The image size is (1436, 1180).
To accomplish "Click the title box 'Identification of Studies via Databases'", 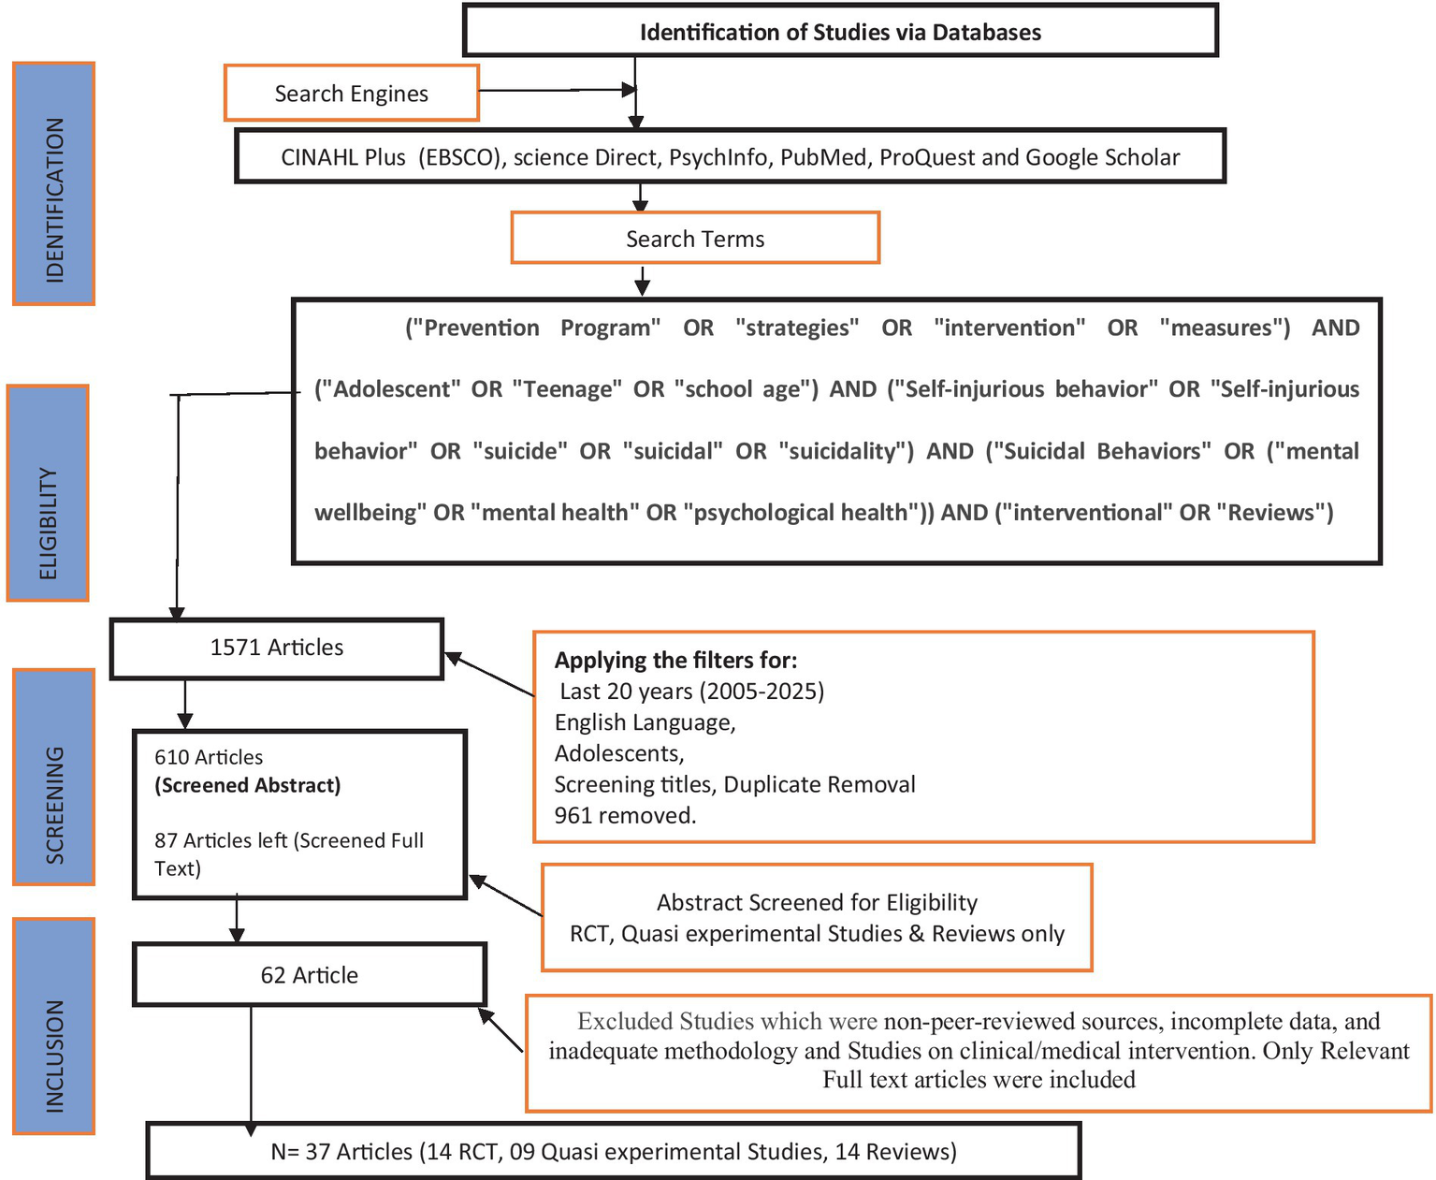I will (840, 32).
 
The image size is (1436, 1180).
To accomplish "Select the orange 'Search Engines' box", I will (351, 94).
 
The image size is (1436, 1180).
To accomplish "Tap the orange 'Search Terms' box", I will (695, 239).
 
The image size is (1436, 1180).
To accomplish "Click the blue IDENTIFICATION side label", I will (54, 184).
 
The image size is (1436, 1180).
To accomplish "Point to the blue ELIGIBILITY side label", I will (48, 493).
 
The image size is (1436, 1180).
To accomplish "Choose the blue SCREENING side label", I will (54, 777).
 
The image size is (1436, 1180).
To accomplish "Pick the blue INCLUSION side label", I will (54, 1027).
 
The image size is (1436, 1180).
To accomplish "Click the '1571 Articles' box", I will (276, 648).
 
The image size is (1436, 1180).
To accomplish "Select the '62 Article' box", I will (309, 975).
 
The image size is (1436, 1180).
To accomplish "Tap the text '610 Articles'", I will (209, 757).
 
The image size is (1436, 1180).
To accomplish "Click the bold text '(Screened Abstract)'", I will (248, 785).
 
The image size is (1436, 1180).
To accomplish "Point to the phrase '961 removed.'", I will (625, 815).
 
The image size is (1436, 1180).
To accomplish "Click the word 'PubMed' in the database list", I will (823, 157).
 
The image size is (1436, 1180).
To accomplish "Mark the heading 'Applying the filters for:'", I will (675, 661).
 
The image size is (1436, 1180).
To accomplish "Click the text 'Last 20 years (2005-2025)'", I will (691, 692).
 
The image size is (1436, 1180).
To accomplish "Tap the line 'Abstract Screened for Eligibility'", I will (817, 902).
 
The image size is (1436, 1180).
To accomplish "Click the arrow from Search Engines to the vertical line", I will (558, 90).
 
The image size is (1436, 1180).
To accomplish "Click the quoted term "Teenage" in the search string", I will (567, 389).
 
